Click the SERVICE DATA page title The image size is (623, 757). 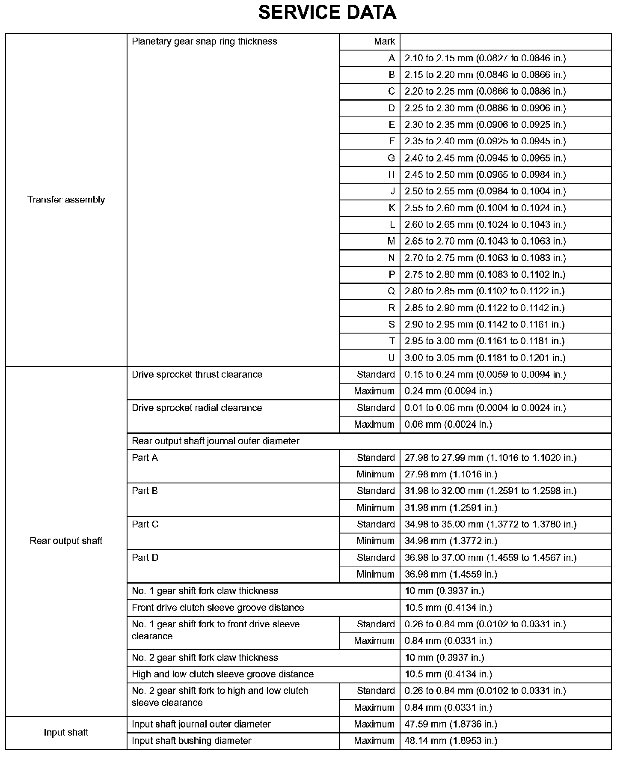click(327, 13)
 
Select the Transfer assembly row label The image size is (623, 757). click(66, 200)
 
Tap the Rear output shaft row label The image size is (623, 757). click(66, 541)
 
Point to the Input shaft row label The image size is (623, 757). click(66, 732)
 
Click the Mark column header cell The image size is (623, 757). click(384, 42)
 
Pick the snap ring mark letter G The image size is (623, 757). click(391, 158)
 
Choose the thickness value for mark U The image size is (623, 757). click(485, 358)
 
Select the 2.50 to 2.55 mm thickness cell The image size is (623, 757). click(485, 191)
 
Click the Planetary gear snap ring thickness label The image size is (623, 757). click(204, 42)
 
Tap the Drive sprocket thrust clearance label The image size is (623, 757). click(197, 375)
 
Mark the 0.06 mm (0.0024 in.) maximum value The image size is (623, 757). click(448, 424)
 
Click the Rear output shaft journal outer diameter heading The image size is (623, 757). click(215, 441)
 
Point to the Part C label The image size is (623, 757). click(145, 524)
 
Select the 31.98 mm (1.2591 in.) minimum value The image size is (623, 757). click(451, 508)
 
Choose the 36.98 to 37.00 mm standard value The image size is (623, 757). click(490, 557)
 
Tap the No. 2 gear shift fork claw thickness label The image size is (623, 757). click(205, 657)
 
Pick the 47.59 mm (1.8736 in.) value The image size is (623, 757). click(451, 724)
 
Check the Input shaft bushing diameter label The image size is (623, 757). click(191, 741)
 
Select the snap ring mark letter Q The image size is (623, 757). click(391, 291)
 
